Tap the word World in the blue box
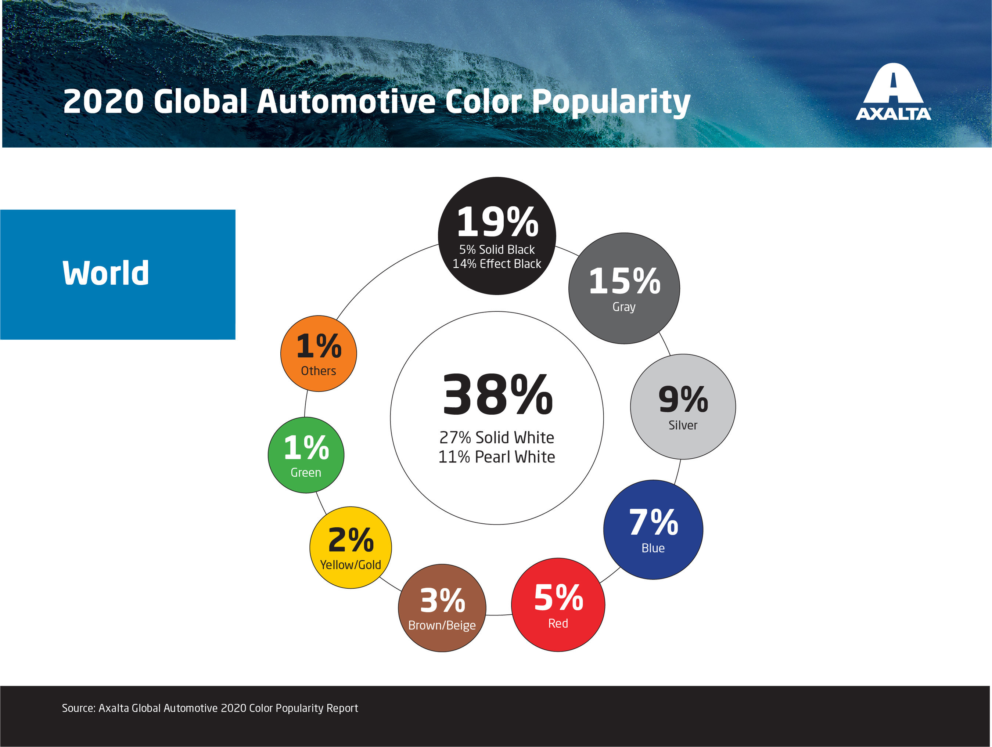pyautogui.click(x=105, y=273)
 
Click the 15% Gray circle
pyautogui.click(x=624, y=288)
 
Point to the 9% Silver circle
pyautogui.click(x=683, y=406)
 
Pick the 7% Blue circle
pyautogui.click(x=653, y=529)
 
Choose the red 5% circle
pyautogui.click(x=558, y=605)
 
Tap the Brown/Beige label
pyautogui.click(x=442, y=625)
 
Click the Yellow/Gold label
pyautogui.click(x=350, y=564)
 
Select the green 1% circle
pyautogui.click(x=306, y=455)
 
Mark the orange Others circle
pyautogui.click(x=319, y=353)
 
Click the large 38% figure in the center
pyautogui.click(x=497, y=394)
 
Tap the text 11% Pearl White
pyautogui.click(x=496, y=457)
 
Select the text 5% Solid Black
pyautogui.click(x=496, y=249)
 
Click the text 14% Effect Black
pyautogui.click(x=496, y=264)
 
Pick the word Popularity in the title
pyautogui.click(x=611, y=102)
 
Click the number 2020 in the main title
pyautogui.click(x=103, y=101)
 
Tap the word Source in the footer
pyautogui.click(x=78, y=708)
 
